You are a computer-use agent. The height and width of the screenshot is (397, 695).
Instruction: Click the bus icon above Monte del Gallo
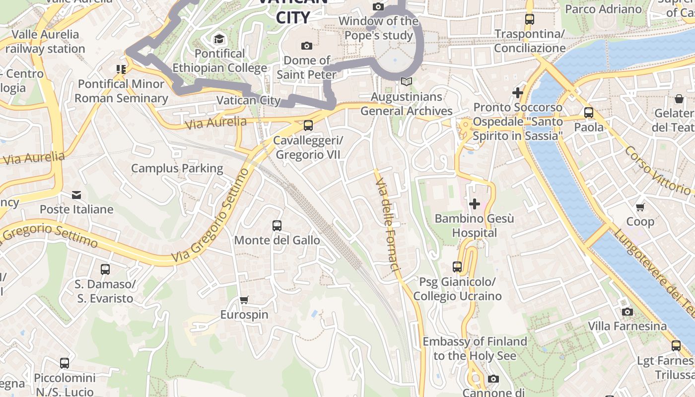point(277,226)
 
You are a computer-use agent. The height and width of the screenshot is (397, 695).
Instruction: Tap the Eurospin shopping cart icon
point(244,300)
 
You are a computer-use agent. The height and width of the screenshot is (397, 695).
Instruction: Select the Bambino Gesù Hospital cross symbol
point(474,203)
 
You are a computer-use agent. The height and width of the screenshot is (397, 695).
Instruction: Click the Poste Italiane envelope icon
point(76,195)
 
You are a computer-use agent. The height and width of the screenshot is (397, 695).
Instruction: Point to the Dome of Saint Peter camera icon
point(307,46)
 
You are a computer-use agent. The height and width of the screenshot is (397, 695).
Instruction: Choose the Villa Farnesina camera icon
point(627,312)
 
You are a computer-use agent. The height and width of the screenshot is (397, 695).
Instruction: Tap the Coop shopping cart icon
point(640,207)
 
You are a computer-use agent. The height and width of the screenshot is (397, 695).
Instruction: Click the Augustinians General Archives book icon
point(407,82)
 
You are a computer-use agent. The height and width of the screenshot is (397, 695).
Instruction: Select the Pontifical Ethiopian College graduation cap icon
point(219,39)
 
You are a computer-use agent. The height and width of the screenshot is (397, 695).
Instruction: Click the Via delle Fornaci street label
point(388,226)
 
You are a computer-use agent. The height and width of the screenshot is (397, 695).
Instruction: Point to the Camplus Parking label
point(177,168)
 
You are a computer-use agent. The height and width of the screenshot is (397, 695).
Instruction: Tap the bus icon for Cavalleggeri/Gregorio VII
point(308,126)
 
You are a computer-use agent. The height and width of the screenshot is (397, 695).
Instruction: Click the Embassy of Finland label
point(474,348)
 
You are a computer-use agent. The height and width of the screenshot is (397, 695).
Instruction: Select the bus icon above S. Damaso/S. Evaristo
point(105,269)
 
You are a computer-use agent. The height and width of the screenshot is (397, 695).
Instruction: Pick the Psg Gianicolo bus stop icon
point(457,267)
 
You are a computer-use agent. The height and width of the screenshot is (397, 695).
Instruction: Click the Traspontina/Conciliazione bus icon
point(530,19)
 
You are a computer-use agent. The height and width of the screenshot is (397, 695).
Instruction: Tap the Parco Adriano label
point(603,9)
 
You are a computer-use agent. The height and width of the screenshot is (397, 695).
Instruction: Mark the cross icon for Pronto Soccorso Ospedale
point(518,92)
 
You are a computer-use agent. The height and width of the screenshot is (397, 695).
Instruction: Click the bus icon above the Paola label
point(589,113)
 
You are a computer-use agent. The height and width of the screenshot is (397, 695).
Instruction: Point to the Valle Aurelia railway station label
point(45,42)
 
